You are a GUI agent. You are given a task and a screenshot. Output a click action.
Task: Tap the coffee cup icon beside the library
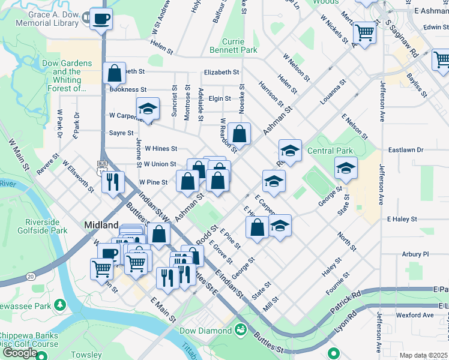click(100, 18)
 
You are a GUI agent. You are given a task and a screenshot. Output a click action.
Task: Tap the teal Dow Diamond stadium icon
click(240, 329)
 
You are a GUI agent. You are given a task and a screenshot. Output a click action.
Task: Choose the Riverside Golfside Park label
click(46, 226)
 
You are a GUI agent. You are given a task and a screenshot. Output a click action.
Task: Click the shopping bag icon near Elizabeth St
click(113, 73)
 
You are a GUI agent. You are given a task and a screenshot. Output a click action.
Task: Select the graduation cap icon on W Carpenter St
click(148, 109)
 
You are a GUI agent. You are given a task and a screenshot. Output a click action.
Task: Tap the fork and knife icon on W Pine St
click(113, 181)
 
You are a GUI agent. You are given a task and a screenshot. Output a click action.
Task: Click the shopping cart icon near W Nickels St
click(364, 32)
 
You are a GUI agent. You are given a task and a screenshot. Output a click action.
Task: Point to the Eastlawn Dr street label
click(406, 149)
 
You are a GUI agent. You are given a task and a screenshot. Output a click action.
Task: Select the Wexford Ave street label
click(414, 315)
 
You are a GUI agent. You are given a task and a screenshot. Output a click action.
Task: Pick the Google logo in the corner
click(20, 353)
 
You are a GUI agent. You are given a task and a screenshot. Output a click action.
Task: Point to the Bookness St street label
click(128, 89)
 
